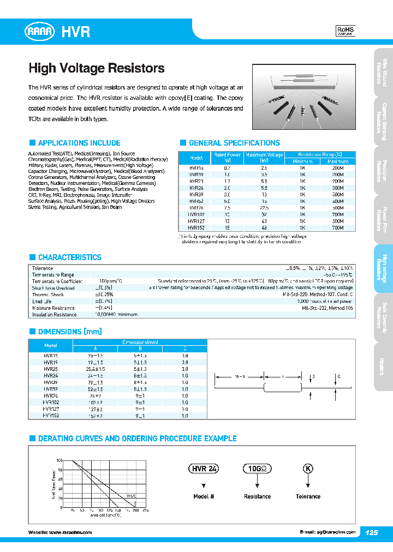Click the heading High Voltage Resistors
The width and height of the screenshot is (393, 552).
96,69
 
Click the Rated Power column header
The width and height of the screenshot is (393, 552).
227,158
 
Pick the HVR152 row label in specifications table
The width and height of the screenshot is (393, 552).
196,228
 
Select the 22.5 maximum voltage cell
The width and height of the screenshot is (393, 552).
264,208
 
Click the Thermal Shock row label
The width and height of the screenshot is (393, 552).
49,295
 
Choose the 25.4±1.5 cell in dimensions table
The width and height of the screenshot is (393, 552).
95,368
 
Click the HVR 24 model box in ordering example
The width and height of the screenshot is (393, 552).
204,469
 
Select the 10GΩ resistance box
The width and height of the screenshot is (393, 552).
257,469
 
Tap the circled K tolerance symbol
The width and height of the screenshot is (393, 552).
308,469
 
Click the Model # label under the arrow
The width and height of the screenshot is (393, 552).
204,496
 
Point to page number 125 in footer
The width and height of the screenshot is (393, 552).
371,532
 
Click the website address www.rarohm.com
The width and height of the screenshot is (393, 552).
70,532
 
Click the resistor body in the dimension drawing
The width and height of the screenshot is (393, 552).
284,388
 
